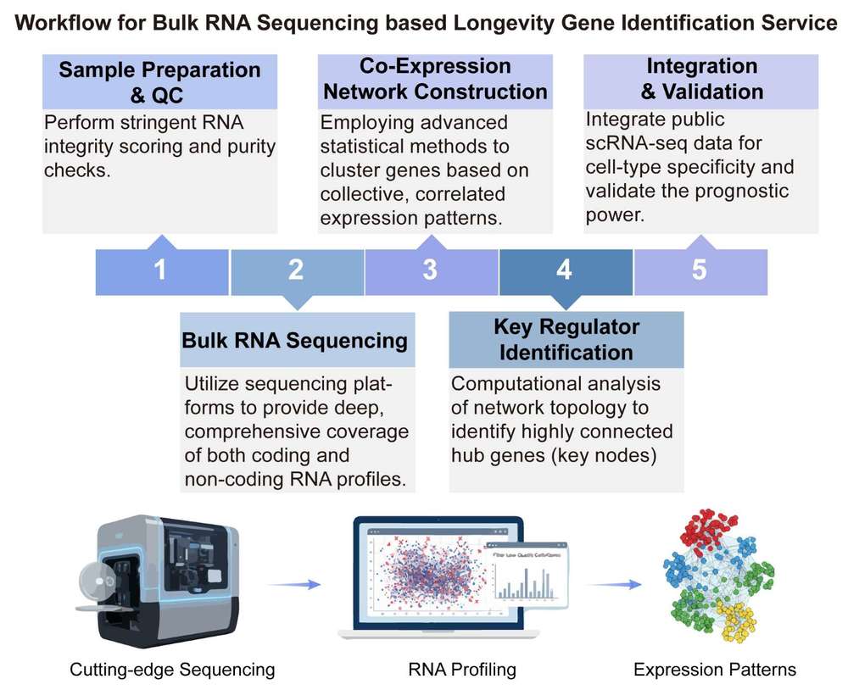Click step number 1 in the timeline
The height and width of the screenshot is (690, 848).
160,271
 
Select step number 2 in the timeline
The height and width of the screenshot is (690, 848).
295,271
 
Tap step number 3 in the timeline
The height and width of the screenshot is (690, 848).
430,271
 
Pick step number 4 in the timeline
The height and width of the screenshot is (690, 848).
565,271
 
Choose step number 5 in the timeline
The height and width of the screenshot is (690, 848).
699,271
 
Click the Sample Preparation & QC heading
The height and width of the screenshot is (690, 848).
159,82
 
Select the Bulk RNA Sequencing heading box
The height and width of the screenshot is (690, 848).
295,341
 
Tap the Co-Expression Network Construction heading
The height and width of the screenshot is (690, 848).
435,79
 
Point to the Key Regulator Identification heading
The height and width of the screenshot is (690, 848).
566,340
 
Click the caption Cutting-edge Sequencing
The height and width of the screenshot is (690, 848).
172,670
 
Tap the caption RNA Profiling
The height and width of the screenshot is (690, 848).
462,670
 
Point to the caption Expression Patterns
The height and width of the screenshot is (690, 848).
715,670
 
